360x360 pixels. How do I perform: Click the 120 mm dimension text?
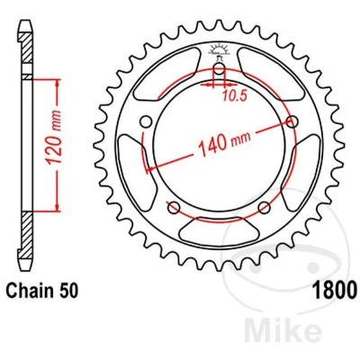[x=55, y=138]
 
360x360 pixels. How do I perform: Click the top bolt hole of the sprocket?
[x=219, y=69]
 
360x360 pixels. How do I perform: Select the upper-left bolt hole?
[x=146, y=121]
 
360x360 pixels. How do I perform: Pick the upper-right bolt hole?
[x=292, y=121]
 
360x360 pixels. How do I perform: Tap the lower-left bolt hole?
[x=174, y=207]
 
